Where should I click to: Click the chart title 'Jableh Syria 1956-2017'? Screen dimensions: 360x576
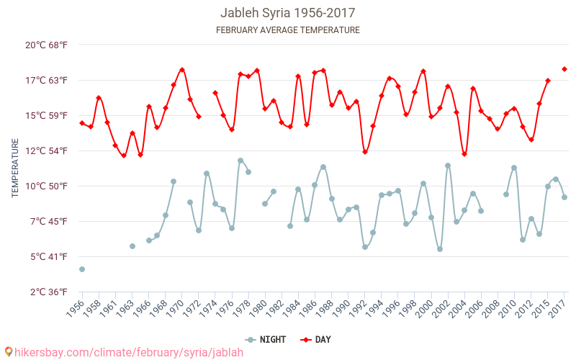click(287, 13)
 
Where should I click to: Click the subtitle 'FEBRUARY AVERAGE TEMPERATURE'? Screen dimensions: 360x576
click(287, 30)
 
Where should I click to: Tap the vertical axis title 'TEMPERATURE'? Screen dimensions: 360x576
click(15, 168)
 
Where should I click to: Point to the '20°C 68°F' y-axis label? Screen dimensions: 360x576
click(47, 45)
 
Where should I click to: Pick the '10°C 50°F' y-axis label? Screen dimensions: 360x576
click(47, 186)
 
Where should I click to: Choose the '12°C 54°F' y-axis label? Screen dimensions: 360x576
click(47, 150)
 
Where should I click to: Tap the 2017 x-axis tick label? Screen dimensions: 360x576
click(557, 308)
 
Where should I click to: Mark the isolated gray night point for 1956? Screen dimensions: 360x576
click(82, 269)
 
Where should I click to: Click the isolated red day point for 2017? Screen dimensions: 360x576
click(564, 69)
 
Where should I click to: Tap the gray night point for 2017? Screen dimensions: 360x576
click(564, 197)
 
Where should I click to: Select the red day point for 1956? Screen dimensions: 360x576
click(82, 123)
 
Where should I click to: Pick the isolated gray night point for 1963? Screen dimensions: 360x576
click(132, 246)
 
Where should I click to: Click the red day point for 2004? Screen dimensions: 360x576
click(464, 154)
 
